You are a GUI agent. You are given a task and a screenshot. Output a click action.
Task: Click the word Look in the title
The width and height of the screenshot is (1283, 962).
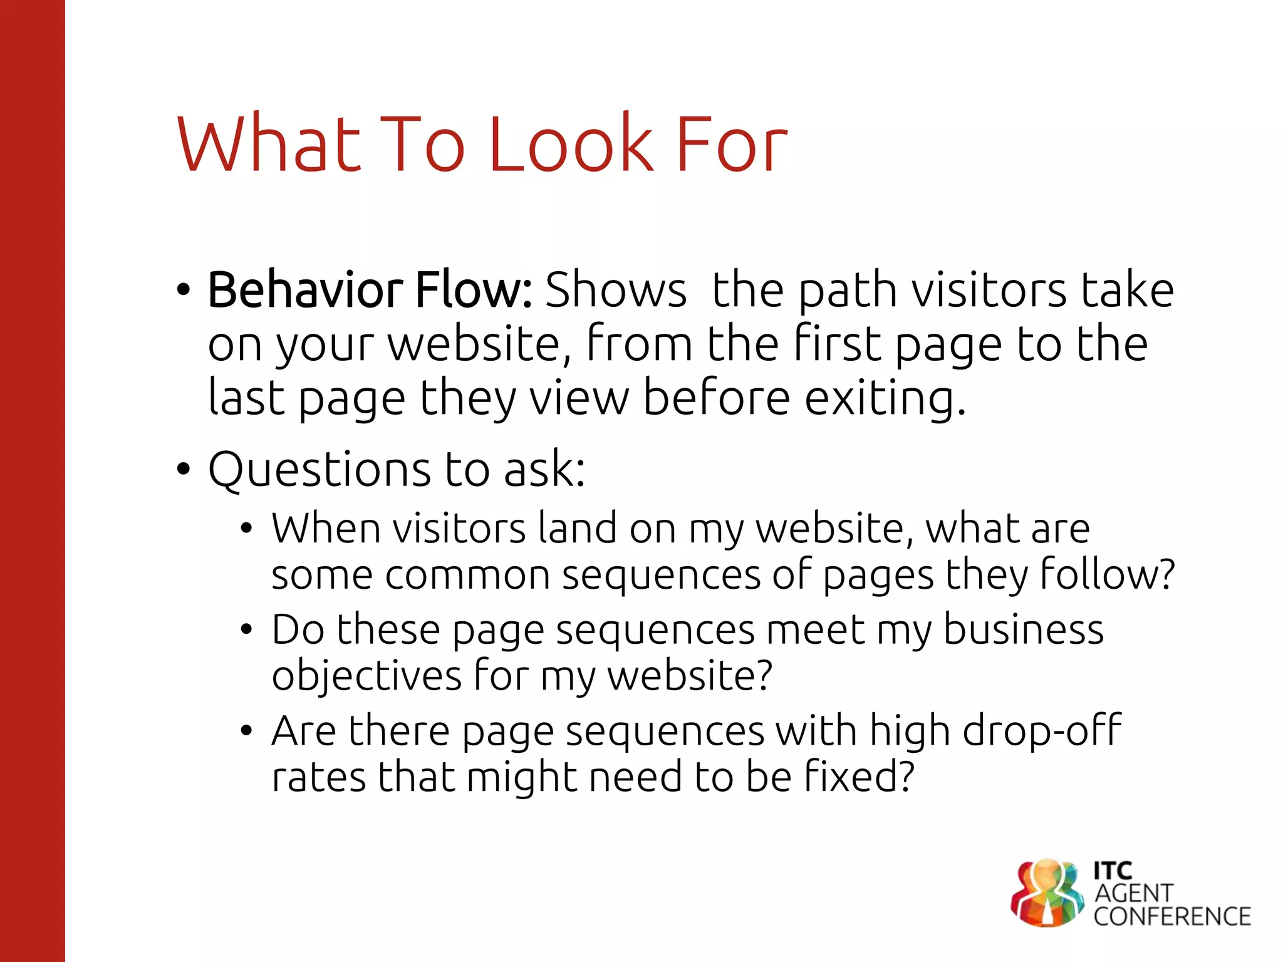[571, 145]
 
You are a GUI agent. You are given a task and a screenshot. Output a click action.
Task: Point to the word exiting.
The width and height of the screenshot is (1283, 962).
[885, 398]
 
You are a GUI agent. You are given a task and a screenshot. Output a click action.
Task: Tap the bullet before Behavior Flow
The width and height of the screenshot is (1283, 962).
[183, 290]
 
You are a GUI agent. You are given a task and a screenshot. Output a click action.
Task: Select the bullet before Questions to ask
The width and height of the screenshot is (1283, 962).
[183, 468]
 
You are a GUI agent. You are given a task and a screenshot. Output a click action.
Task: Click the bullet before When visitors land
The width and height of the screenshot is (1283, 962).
[246, 529]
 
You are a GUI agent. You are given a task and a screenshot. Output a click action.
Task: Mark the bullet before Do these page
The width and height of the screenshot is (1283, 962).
[246, 629]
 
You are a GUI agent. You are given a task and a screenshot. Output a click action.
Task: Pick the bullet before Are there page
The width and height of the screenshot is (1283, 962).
[246, 730]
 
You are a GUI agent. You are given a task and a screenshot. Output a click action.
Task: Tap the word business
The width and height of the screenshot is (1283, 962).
[1023, 629]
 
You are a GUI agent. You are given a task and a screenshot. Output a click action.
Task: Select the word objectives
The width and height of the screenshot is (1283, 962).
[366, 676]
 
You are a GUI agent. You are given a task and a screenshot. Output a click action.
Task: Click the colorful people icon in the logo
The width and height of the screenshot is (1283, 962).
[1047, 892]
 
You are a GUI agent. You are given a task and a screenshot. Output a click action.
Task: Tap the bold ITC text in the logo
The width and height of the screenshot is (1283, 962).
[1113, 871]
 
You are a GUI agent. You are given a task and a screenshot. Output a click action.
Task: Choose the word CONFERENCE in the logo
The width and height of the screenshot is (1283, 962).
[1172, 917]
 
